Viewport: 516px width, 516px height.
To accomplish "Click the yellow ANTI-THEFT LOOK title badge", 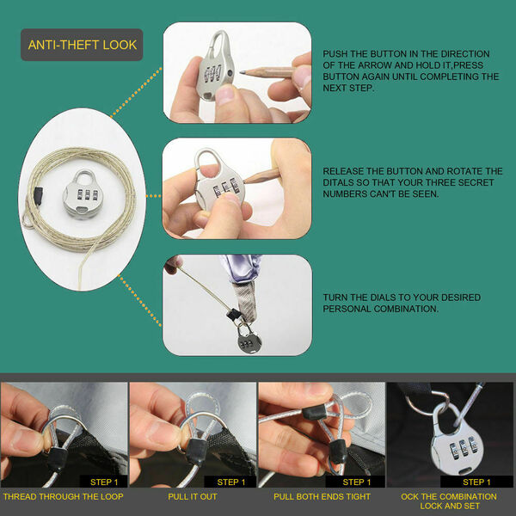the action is (82, 45).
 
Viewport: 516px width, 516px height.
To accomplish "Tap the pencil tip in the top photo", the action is (242, 71).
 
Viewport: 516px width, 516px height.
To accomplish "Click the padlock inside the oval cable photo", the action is (83, 193).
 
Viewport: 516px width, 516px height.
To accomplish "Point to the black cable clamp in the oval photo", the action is (38, 196).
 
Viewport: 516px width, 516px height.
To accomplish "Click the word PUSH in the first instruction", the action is (335, 54).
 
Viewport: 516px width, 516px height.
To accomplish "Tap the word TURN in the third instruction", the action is (335, 298).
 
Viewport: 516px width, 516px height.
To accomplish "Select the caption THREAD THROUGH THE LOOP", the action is (63, 496).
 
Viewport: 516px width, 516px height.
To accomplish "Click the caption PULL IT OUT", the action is (193, 496).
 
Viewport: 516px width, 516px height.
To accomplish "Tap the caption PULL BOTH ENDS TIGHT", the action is (322, 496).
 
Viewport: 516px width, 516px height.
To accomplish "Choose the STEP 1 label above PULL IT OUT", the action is (231, 482).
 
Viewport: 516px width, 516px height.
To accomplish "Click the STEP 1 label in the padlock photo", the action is (476, 482).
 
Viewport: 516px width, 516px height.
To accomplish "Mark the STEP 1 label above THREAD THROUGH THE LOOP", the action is (104, 482).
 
